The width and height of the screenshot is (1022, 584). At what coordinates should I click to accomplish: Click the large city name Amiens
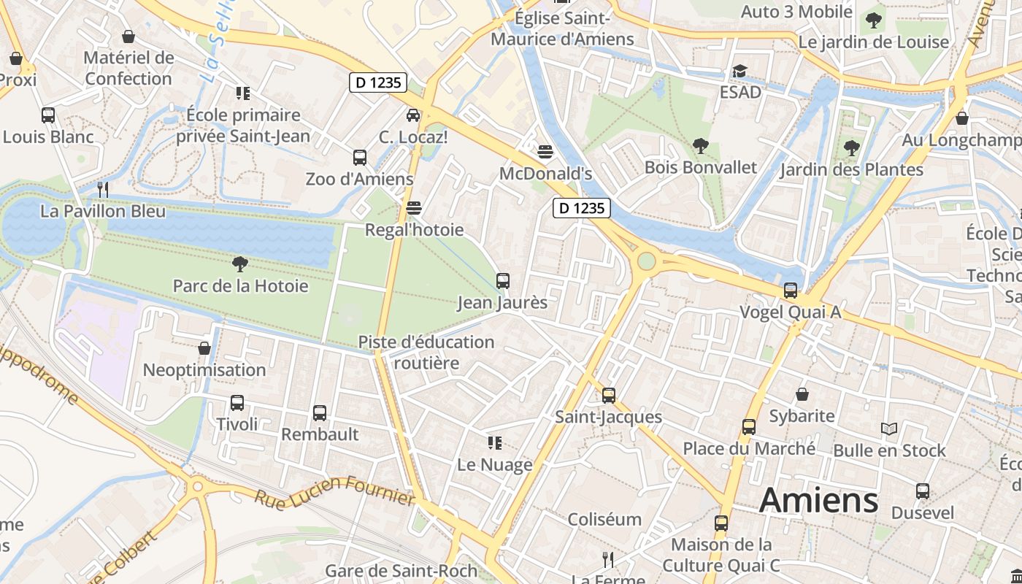[x=818, y=501]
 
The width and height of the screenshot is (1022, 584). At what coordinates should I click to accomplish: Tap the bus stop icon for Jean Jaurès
[x=502, y=281]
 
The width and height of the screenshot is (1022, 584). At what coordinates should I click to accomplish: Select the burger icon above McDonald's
[x=545, y=152]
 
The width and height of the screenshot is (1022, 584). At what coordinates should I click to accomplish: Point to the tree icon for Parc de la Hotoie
[x=239, y=264]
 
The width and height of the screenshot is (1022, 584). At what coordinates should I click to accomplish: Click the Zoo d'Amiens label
[x=359, y=179]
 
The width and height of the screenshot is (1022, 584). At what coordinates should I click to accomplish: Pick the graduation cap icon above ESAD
[x=739, y=71]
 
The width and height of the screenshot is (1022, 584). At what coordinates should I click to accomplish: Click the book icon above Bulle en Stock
[x=888, y=429]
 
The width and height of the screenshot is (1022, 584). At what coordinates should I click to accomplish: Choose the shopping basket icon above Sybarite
[x=802, y=394]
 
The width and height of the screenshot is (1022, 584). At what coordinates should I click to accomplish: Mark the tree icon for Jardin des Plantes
[x=850, y=148]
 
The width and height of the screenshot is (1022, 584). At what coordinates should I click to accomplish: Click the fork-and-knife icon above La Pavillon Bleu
[x=103, y=190]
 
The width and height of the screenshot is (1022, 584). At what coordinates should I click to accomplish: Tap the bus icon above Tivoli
[x=237, y=403]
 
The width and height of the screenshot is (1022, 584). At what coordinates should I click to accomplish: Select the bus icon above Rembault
[x=320, y=413]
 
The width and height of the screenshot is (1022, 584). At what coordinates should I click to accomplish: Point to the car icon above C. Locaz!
[x=413, y=115]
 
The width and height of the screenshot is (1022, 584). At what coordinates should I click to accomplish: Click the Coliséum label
[x=604, y=520]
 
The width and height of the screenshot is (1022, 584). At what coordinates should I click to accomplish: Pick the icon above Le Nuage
[x=494, y=443]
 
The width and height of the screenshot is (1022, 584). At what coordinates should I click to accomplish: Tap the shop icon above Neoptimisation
[x=204, y=348]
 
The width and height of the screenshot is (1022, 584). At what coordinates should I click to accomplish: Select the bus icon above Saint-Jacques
[x=608, y=396]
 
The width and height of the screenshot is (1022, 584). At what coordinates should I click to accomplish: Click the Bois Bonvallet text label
[x=700, y=167]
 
